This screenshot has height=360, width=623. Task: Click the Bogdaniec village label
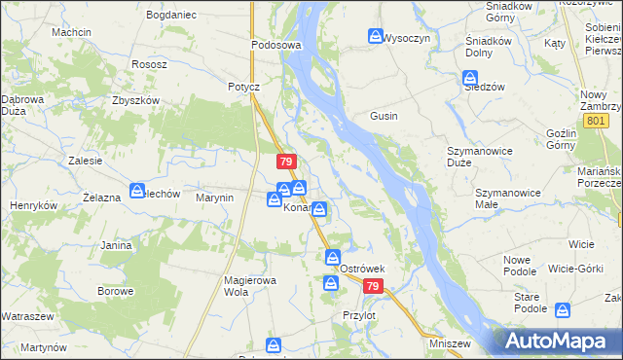click(x=170, y=17)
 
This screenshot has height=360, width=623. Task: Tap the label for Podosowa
click(x=276, y=45)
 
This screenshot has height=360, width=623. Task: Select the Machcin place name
click(x=72, y=32)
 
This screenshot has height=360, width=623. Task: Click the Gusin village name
click(x=383, y=116)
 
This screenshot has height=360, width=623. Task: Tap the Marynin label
click(x=215, y=198)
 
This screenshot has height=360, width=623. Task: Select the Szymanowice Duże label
click(x=479, y=157)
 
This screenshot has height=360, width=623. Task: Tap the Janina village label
click(x=115, y=245)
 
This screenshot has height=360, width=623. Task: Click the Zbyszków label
click(x=135, y=100)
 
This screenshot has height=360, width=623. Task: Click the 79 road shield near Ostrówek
click(x=374, y=287)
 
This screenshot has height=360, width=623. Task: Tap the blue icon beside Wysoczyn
click(x=375, y=37)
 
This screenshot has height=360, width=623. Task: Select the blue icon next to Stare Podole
click(x=562, y=310)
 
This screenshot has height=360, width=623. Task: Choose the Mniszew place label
click(x=450, y=343)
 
